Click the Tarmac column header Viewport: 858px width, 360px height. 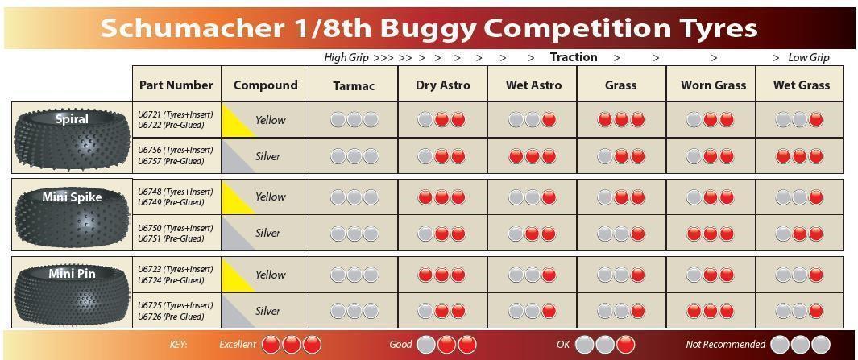(354, 85)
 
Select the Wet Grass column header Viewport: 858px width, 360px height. (801, 85)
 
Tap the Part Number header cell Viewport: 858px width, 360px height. (176, 85)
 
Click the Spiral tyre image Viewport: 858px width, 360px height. (72, 138)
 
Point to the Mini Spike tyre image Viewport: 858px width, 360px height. (72, 215)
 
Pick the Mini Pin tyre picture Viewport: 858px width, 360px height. (72, 292)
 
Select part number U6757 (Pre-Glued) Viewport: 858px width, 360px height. (171, 161)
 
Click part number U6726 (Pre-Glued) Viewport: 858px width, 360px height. (171, 317)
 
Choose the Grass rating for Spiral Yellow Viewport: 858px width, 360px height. (621, 119)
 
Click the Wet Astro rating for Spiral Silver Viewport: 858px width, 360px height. (533, 156)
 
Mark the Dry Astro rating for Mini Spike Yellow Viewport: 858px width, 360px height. (441, 197)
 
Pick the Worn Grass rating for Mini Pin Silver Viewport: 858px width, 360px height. (711, 311)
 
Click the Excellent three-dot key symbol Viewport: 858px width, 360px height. (291, 345)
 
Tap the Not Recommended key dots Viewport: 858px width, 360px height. (800, 345)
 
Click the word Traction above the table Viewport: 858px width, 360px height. (574, 57)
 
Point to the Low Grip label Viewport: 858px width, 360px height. (809, 57)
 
